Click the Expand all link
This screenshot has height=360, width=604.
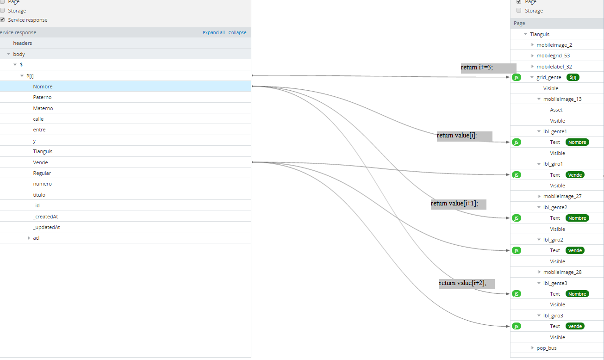(x=213, y=32)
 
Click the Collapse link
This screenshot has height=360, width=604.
(x=237, y=32)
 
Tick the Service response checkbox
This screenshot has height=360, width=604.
(x=2, y=19)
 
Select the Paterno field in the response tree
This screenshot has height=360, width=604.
(x=42, y=97)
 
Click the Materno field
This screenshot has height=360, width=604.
(x=43, y=108)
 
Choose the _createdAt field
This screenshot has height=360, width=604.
(x=45, y=217)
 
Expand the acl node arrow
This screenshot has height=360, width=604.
(x=29, y=238)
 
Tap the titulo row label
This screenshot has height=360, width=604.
(x=39, y=195)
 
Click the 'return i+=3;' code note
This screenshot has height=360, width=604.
(x=488, y=68)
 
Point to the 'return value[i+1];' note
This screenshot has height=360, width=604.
(x=458, y=204)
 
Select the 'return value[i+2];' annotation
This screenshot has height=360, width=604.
(x=467, y=284)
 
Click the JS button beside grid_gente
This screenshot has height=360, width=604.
(x=517, y=77)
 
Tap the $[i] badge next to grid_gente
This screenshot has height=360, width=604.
(x=573, y=77)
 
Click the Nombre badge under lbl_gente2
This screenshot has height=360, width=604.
(x=577, y=218)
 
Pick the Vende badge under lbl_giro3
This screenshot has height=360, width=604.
(x=575, y=326)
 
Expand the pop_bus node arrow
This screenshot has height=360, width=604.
(x=532, y=348)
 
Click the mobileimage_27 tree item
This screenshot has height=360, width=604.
(x=562, y=196)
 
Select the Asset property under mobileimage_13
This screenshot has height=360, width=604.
(x=556, y=110)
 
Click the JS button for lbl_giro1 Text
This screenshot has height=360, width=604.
(x=517, y=175)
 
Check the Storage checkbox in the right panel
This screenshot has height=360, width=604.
(x=519, y=10)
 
